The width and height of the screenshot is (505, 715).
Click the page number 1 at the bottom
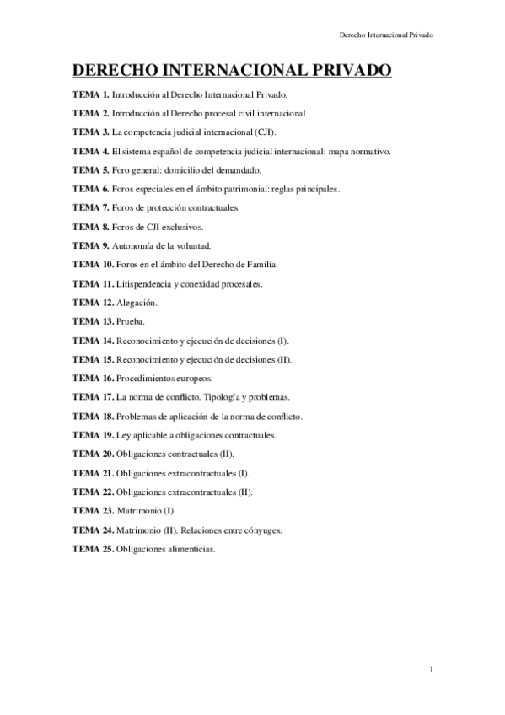pyautogui.click(x=431, y=669)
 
